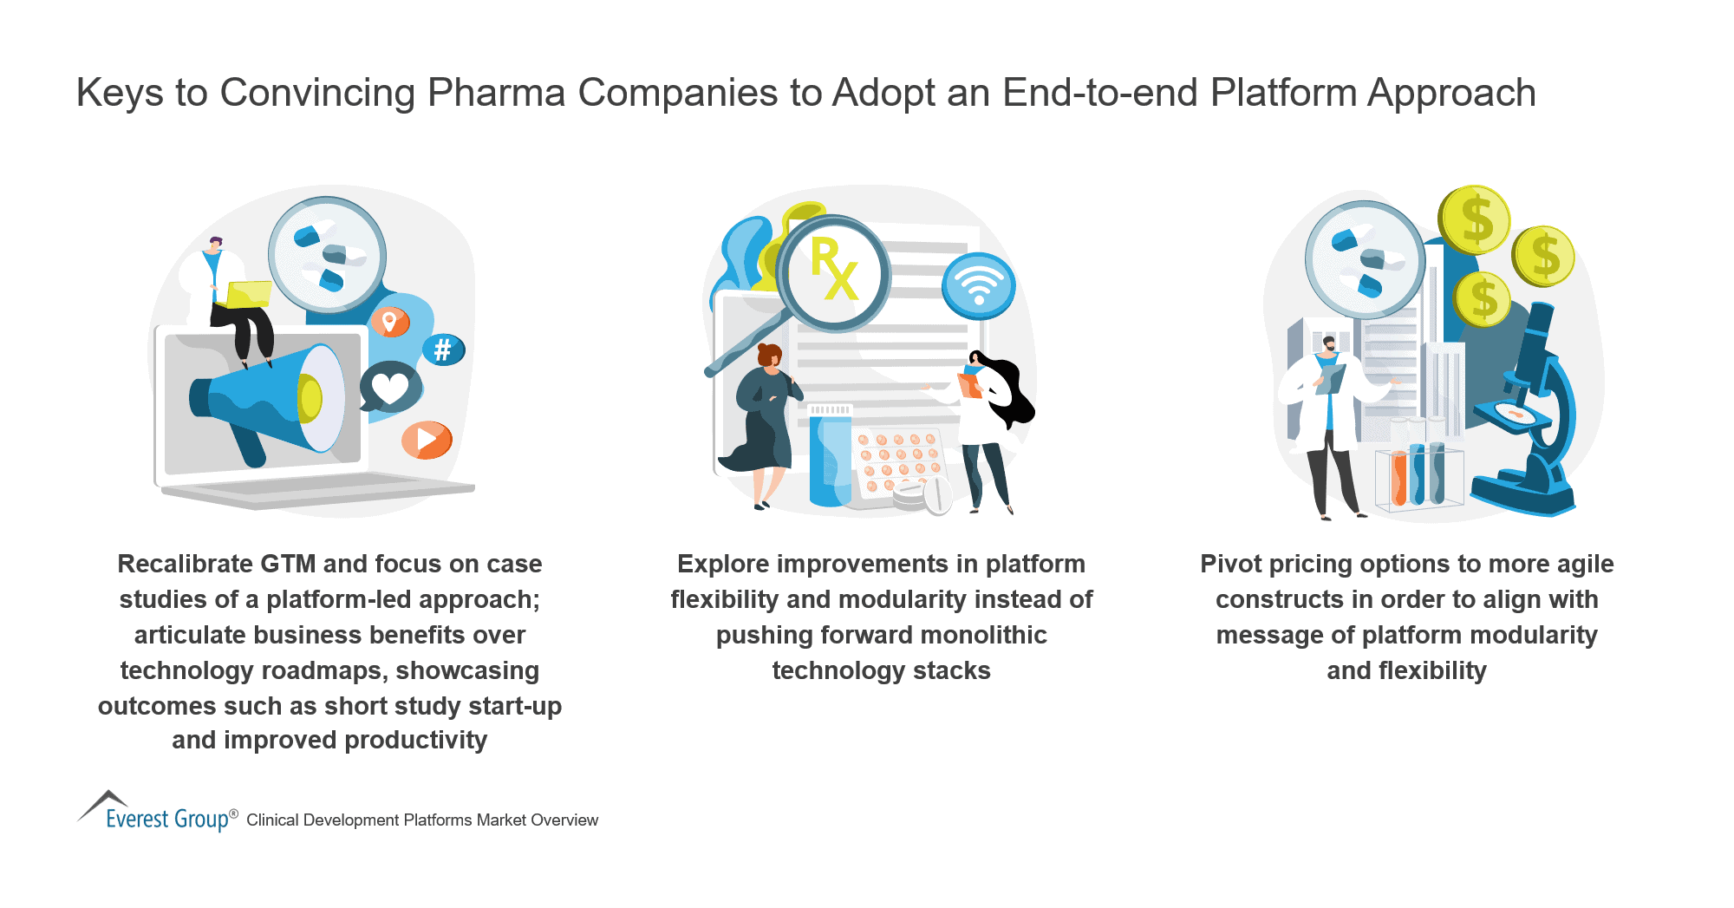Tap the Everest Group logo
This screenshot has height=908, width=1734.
[x=156, y=813]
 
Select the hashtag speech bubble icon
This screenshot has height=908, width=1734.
[x=443, y=349]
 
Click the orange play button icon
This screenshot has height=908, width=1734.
[x=427, y=440]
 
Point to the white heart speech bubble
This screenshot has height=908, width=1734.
[x=389, y=387]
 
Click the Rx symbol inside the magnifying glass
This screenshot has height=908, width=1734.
[x=834, y=270]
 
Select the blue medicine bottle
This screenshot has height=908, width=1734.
[x=830, y=460]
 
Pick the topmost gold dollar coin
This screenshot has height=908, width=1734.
[x=1475, y=219]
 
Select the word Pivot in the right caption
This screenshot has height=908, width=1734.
[x=1230, y=564]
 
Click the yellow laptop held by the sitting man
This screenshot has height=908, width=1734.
[x=248, y=294]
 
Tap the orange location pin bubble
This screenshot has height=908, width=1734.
[x=390, y=322]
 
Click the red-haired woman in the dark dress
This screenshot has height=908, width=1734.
[x=763, y=416]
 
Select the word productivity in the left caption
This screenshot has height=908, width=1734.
[x=415, y=741]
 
